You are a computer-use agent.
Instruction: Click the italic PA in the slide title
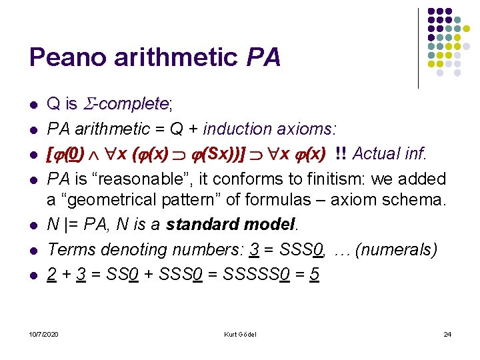click(263, 57)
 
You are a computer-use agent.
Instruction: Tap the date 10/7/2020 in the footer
click(43, 333)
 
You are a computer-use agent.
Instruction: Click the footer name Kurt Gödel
click(240, 333)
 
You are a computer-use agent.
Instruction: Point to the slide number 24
click(447, 333)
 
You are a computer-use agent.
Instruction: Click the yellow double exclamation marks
click(340, 153)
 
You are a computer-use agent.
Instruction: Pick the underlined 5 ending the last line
click(315, 275)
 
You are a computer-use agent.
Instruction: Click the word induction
click(234, 128)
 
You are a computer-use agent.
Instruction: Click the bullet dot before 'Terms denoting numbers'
click(32, 251)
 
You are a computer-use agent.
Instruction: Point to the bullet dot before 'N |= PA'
click(32, 225)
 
